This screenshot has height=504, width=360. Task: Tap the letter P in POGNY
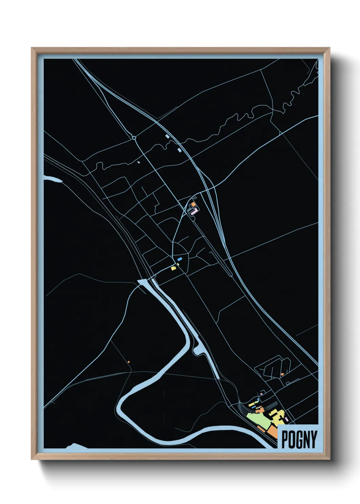(x=285, y=439)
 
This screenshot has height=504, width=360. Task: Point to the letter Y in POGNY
(x=313, y=439)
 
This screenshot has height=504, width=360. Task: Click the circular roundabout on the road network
(x=134, y=138)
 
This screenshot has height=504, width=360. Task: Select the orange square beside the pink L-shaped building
(x=193, y=205)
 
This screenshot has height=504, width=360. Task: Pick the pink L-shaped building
(x=194, y=212)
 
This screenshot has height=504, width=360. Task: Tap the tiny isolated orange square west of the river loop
(x=129, y=362)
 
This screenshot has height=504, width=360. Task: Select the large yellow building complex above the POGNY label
(x=278, y=416)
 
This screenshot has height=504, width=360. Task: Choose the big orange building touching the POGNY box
(x=273, y=432)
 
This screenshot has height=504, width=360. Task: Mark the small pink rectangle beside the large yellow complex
(x=287, y=419)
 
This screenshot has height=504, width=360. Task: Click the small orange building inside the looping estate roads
(x=282, y=374)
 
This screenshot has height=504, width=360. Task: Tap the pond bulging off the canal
(x=197, y=349)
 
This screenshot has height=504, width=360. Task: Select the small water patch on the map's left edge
(x=52, y=179)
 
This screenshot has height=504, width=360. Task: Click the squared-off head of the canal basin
(x=143, y=282)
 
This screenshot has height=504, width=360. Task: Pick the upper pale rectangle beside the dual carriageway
(x=167, y=136)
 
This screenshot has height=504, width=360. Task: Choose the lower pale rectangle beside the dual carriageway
(x=179, y=149)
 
